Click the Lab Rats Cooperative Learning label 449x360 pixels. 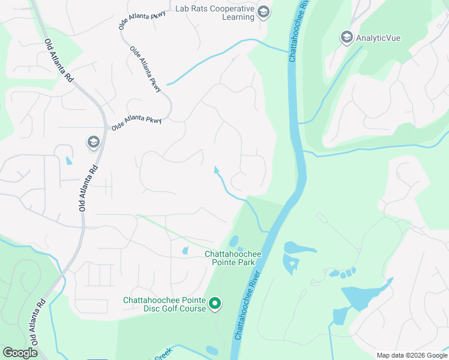click(215, 13)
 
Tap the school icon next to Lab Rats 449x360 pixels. click(263, 12)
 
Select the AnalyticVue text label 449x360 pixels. click(378, 38)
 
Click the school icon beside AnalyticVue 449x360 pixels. click(346, 38)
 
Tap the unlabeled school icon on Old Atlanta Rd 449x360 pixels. click(93, 142)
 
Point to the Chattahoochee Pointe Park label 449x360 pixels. click(230, 258)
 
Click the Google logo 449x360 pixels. click(20, 353)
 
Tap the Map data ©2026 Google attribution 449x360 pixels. click(411, 355)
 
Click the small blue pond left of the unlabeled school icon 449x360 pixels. click(68, 161)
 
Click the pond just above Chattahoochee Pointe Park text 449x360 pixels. click(233, 241)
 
